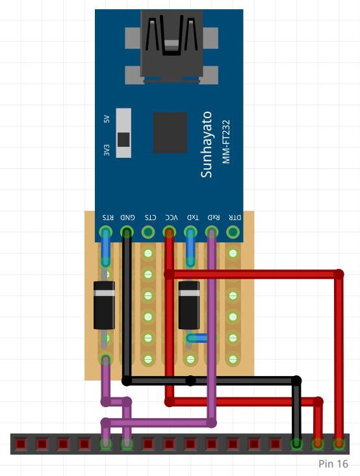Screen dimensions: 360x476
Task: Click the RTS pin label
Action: click(108, 218)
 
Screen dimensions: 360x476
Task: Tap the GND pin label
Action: click(127, 218)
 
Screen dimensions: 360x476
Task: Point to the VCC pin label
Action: click(172, 218)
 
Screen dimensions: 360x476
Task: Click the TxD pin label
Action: click(192, 218)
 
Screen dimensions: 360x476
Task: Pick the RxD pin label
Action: click(214, 218)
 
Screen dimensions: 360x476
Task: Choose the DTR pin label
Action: click(235, 218)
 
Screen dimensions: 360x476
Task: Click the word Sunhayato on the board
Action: click(207, 145)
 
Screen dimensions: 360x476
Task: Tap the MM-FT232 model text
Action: click(226, 142)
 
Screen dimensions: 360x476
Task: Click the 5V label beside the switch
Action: click(107, 119)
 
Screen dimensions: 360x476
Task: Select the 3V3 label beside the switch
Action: click(107, 150)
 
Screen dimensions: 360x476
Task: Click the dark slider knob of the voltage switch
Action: click(123, 140)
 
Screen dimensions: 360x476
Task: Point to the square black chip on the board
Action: click(170, 132)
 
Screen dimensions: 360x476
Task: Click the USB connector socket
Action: click(172, 46)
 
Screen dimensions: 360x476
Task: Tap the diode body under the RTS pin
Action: click(104, 305)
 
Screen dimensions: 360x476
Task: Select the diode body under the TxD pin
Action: click(189, 305)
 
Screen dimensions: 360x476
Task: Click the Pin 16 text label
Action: click(333, 464)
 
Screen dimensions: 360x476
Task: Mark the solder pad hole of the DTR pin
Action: click(233, 232)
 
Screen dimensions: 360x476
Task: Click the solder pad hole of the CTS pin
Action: click(148, 232)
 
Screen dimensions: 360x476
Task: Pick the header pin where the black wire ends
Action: click(296, 444)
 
